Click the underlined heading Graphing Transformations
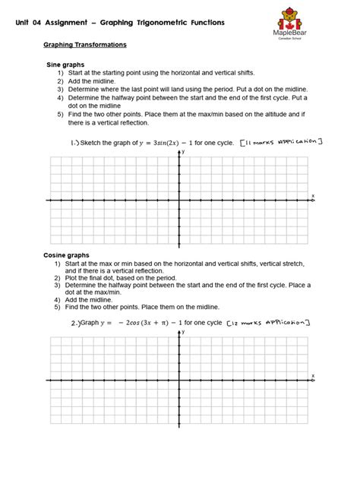(x=85, y=46)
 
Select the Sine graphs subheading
(x=66, y=65)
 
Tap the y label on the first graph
(x=183, y=152)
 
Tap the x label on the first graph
(x=312, y=196)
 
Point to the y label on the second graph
(x=183, y=333)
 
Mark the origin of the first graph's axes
(x=179, y=201)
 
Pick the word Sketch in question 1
(x=114, y=143)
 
